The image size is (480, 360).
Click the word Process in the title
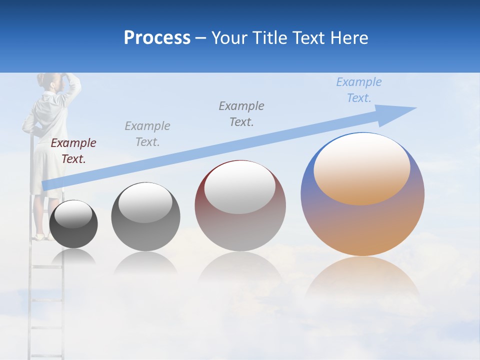point(157,38)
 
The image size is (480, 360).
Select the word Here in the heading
point(348,38)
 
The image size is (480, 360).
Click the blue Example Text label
point(358,90)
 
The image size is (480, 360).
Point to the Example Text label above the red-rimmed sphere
point(241,114)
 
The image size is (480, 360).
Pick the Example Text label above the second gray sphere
point(147,134)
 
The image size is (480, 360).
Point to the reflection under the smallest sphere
point(73,256)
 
